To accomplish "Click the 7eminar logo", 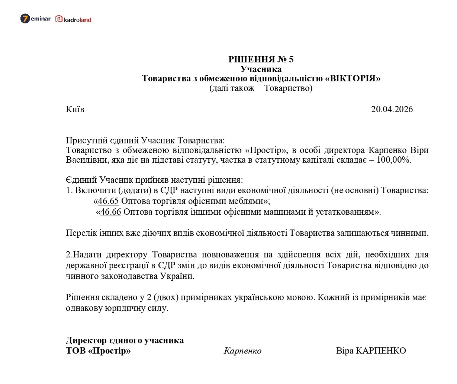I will click(x=35, y=19).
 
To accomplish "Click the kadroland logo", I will click(x=73, y=19).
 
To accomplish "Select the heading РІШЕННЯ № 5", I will click(x=261, y=59).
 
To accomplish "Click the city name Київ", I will click(x=75, y=109).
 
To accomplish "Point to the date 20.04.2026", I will click(x=392, y=109).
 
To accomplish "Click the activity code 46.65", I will click(x=108, y=201).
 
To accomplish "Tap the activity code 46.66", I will click(x=111, y=212).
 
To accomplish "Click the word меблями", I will click(x=247, y=201).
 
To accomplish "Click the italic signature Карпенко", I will click(x=242, y=351).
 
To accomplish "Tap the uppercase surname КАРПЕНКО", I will click(x=381, y=351).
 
